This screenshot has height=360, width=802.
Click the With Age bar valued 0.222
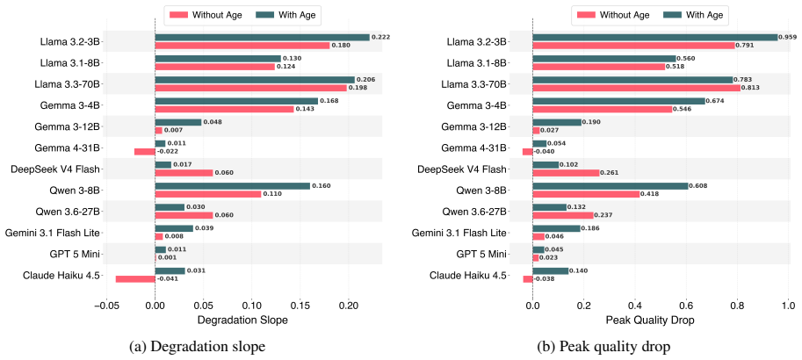(x=262, y=38)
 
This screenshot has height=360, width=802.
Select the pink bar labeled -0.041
(x=135, y=278)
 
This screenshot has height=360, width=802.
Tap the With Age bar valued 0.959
(x=654, y=38)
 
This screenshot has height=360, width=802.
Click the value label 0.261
(x=610, y=173)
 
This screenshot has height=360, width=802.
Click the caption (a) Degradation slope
(x=198, y=347)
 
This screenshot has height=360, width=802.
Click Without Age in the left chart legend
(x=218, y=15)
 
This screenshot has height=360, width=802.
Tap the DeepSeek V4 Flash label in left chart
(x=55, y=169)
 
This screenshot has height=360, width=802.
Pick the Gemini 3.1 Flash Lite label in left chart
(x=52, y=234)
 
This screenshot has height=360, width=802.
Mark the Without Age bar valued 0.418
(x=586, y=194)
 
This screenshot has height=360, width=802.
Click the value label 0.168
(x=329, y=101)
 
